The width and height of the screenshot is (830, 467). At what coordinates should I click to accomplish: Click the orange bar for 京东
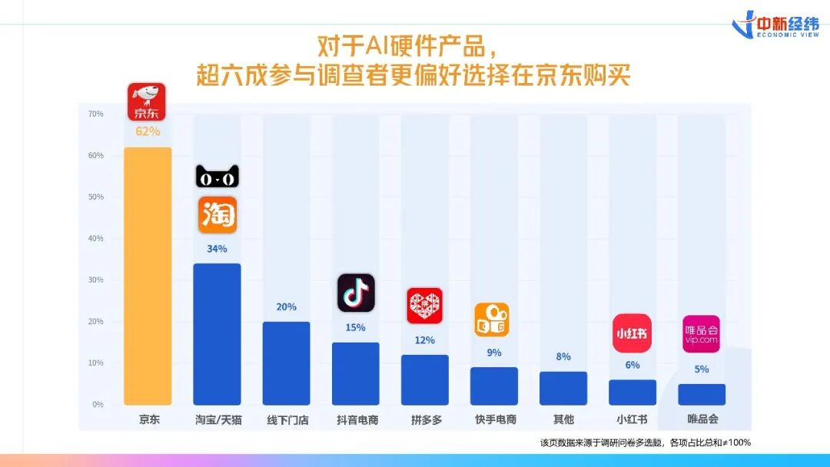[x=148, y=276]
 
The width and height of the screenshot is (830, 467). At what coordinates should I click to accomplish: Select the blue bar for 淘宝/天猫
[x=217, y=334]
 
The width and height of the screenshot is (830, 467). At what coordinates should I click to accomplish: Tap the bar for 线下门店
[x=287, y=363]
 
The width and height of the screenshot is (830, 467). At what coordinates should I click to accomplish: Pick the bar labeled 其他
[x=563, y=388]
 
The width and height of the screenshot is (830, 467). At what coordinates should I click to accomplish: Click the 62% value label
[x=148, y=131]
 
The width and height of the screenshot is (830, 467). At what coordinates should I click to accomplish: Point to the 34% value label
[x=217, y=249]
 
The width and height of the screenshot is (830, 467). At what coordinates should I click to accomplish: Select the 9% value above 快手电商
[x=494, y=353]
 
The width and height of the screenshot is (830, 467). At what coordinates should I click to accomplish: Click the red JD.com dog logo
[x=147, y=101]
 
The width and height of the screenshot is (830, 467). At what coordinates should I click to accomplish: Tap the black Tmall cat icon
[x=217, y=176]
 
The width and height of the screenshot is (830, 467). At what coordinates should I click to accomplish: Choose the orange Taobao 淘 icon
[x=217, y=215]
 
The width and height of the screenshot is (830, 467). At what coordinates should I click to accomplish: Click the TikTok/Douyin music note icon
[x=357, y=293]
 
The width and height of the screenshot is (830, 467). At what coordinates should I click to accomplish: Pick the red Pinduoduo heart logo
[x=424, y=306]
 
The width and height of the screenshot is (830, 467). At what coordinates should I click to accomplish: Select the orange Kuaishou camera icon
[x=492, y=320]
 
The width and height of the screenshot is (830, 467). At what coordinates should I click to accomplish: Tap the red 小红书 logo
[x=632, y=333]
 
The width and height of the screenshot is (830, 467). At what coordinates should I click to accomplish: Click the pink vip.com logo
[x=702, y=333]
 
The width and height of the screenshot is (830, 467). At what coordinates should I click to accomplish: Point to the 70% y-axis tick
[x=96, y=114]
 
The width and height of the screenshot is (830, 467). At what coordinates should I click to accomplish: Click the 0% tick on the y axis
[x=98, y=405]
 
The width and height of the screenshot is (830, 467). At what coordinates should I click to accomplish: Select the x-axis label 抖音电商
[x=357, y=420]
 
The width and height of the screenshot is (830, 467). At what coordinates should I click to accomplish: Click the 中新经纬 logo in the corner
[x=775, y=25]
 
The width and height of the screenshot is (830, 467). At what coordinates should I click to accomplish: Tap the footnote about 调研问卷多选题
[x=646, y=442]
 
